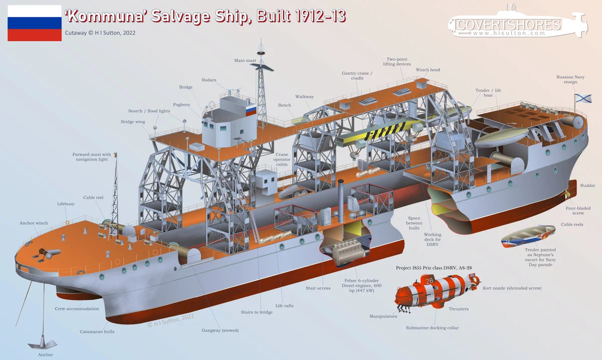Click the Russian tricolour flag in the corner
(x=35, y=23)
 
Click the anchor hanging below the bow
(x=43, y=343)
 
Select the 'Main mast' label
(x=245, y=61)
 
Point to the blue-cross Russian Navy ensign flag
(x=583, y=98)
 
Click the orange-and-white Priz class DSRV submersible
(x=436, y=293)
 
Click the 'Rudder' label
(x=587, y=186)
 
